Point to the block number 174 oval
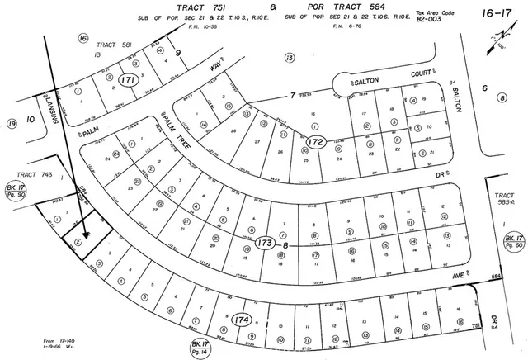243,318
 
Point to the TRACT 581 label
114,45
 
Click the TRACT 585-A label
504,200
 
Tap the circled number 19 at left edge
12,124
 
